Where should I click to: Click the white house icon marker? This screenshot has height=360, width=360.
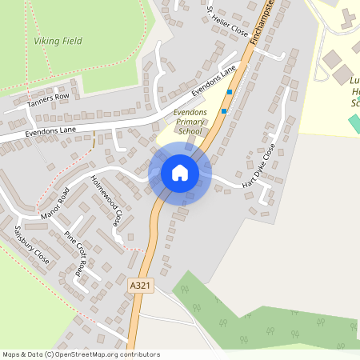(x=179, y=173)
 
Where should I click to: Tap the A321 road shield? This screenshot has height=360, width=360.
(x=138, y=283)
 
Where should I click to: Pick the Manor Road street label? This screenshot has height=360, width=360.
(x=54, y=202)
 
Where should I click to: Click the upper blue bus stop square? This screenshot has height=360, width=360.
(x=230, y=92)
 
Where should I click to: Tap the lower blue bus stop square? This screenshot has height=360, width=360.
(x=224, y=110)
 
